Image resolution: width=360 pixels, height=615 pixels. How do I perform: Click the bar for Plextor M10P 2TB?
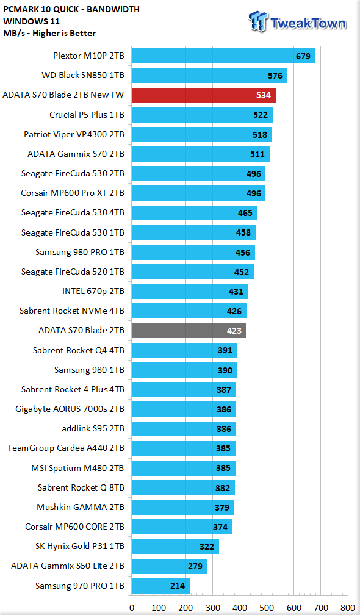pos(223,56)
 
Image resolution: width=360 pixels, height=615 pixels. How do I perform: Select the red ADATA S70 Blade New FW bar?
pos(204,95)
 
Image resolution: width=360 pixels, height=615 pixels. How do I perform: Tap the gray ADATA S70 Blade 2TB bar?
pos(189,331)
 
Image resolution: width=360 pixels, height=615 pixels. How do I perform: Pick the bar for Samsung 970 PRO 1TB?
pos(160,586)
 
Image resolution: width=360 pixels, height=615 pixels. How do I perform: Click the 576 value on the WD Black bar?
pos(275,76)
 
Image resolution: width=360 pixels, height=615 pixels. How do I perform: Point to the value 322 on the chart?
pos(207,547)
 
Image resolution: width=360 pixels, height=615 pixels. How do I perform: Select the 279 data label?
pos(195,566)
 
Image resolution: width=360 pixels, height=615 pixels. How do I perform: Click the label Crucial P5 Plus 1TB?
pos(87,115)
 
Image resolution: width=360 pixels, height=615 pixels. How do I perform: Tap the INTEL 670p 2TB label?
pos(93,292)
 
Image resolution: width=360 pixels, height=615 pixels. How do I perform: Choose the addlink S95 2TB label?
pos(93,429)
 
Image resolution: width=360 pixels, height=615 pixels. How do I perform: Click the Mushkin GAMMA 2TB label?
pos(81,507)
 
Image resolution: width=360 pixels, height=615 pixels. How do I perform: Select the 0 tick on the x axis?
pos(131,608)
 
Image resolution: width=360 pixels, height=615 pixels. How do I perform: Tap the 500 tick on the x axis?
pos(267,608)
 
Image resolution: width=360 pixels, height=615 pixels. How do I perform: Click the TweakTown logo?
pos(298,21)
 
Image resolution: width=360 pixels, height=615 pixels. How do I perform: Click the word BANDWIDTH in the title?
pos(114,9)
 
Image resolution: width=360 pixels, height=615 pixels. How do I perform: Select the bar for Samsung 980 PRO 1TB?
pos(193,252)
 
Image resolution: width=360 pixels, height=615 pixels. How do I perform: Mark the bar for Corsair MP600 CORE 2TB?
pos(182,527)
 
